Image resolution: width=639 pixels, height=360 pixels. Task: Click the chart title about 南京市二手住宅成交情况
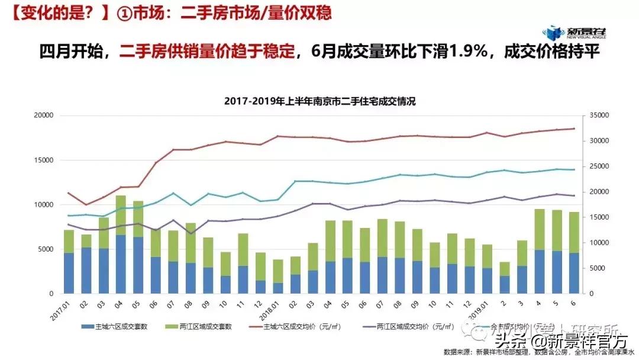point(319,101)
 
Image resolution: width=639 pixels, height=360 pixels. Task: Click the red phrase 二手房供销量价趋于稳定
point(206,52)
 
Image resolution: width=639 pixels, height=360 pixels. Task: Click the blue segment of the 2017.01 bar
point(69,273)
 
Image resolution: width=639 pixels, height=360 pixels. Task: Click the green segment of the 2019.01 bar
point(487,256)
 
